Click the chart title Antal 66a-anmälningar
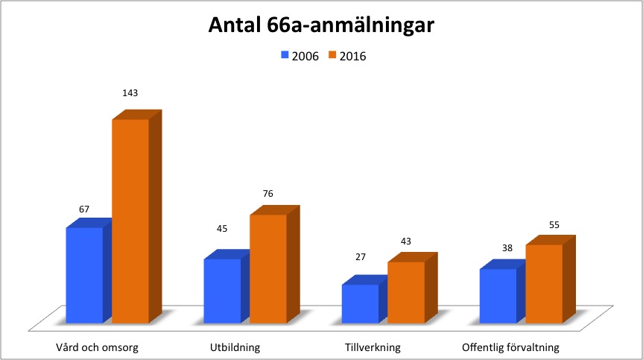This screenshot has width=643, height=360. [x=320, y=26]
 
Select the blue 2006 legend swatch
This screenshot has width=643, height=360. [x=285, y=56]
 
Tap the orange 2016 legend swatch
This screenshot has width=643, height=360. [x=332, y=56]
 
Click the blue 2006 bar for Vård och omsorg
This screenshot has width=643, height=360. [x=84, y=275]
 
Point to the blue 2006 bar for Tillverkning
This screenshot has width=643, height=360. [x=360, y=303]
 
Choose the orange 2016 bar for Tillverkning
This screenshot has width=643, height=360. [x=406, y=292]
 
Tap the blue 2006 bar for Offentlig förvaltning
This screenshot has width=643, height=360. [x=498, y=296]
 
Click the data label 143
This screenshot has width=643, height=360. [x=130, y=93]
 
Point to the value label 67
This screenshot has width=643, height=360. [x=84, y=210]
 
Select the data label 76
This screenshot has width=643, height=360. [x=268, y=194]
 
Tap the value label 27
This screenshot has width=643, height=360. [x=360, y=256]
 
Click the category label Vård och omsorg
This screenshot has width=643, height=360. [x=98, y=347]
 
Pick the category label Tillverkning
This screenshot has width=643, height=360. [x=373, y=347]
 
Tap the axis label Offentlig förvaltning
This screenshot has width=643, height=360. [x=510, y=347]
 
